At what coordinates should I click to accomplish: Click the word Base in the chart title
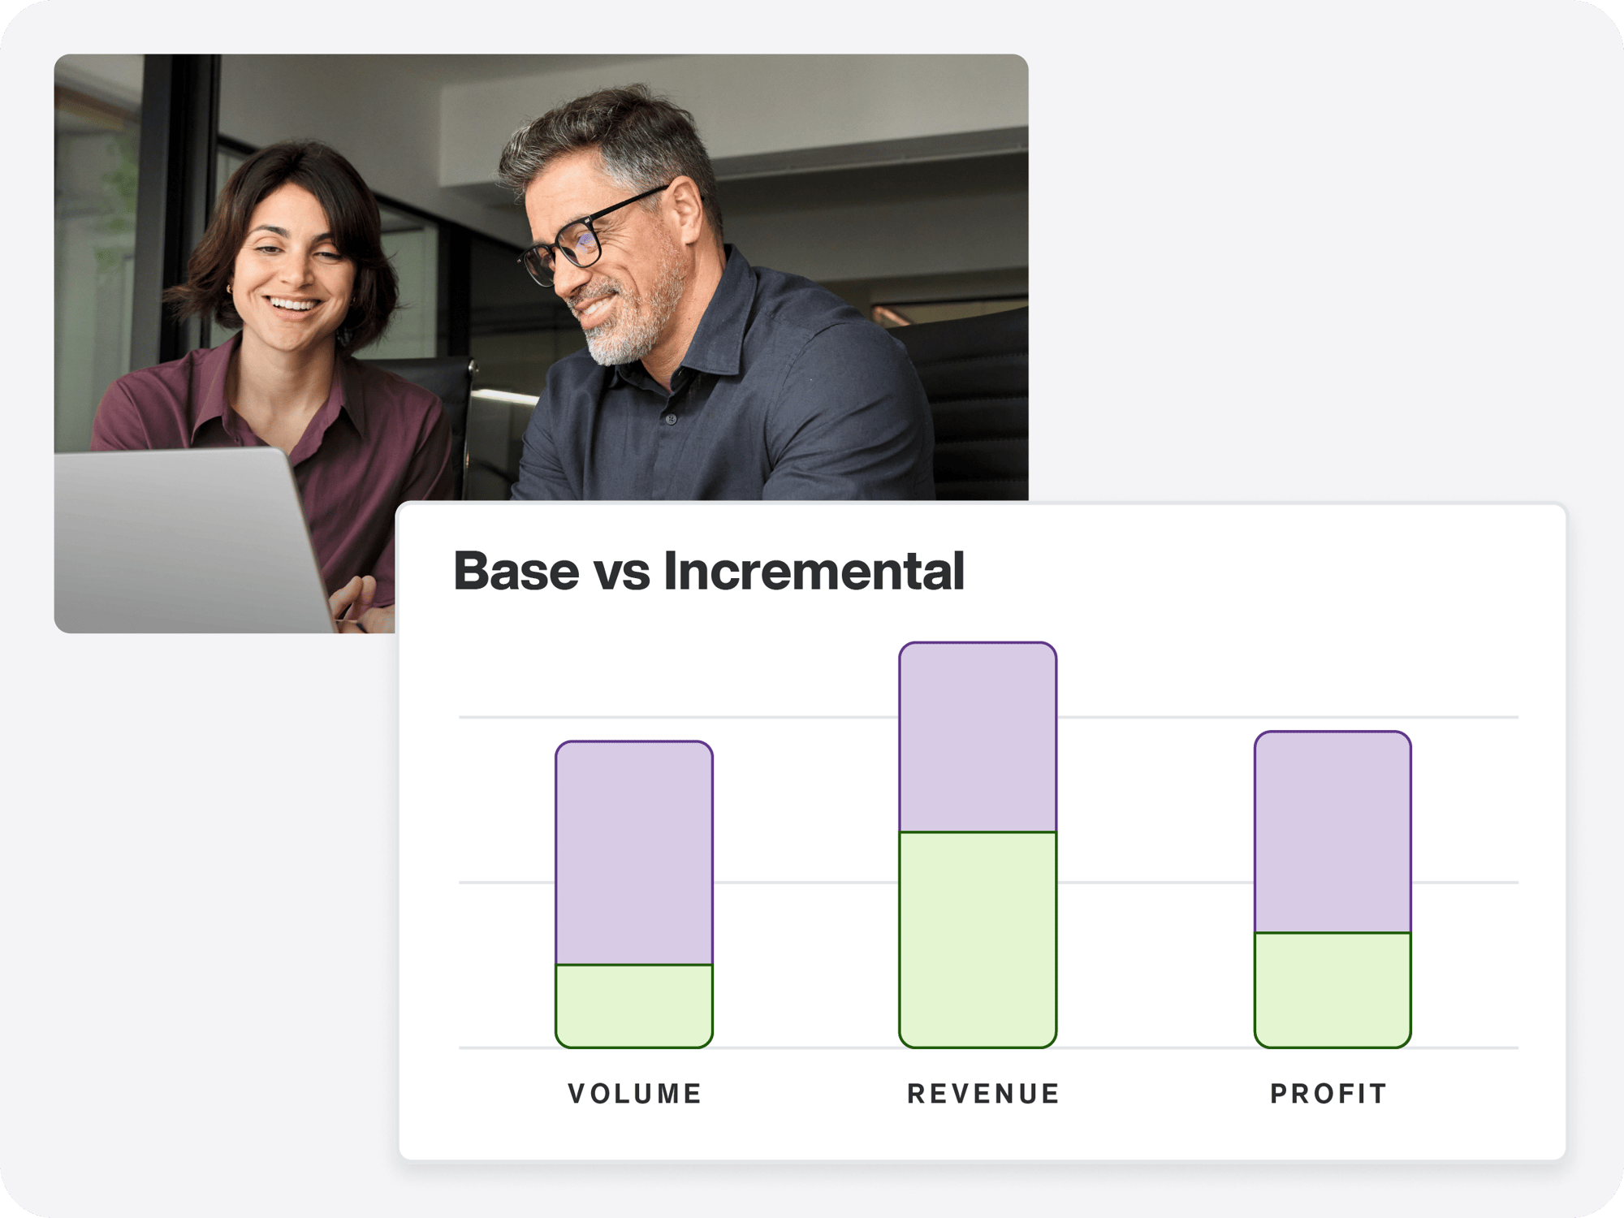516,571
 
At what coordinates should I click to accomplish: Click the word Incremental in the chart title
814,571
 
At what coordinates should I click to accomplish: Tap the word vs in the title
622,572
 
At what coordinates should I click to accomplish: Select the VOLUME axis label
635,1094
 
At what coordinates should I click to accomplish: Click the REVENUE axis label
983,1094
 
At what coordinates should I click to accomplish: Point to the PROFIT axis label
1328,1094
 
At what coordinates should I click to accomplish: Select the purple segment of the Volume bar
634,853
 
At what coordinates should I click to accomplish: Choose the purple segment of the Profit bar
1332,832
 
